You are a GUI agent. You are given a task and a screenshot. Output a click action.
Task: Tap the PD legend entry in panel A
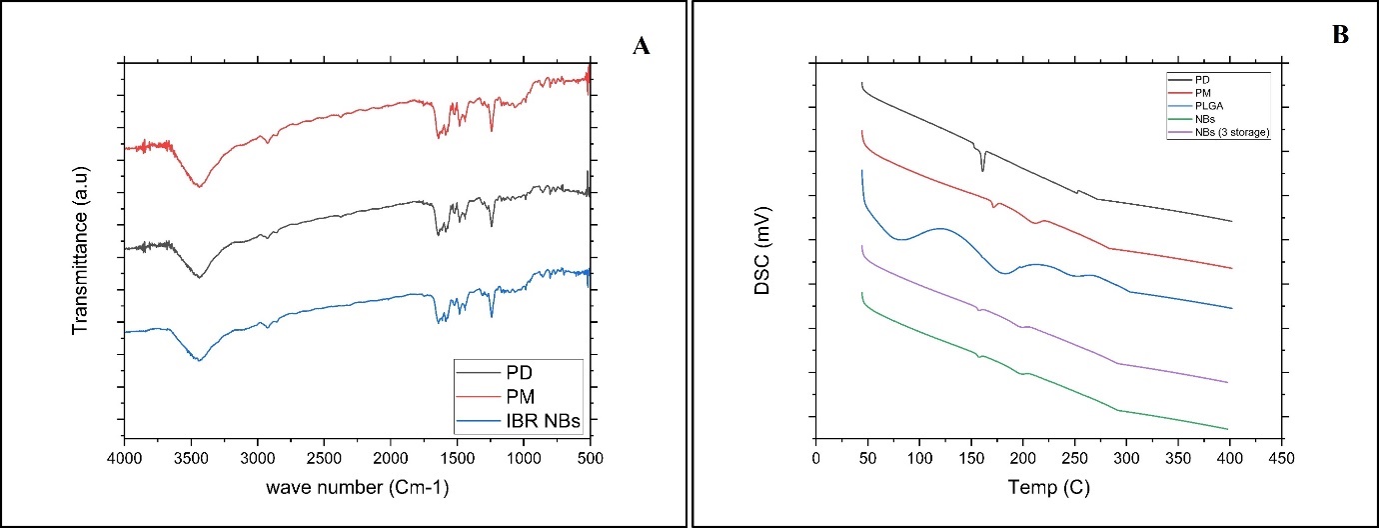[x=521, y=372]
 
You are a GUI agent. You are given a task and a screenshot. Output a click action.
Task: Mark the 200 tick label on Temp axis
[x=1023, y=459]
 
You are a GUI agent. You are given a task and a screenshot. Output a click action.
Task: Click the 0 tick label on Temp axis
[x=816, y=459]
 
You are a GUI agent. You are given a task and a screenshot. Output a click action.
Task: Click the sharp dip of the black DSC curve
[x=982, y=170]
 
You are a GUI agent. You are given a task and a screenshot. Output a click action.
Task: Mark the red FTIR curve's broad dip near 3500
[x=201, y=186]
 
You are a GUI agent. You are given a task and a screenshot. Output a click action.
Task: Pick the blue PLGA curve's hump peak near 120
[x=940, y=228]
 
